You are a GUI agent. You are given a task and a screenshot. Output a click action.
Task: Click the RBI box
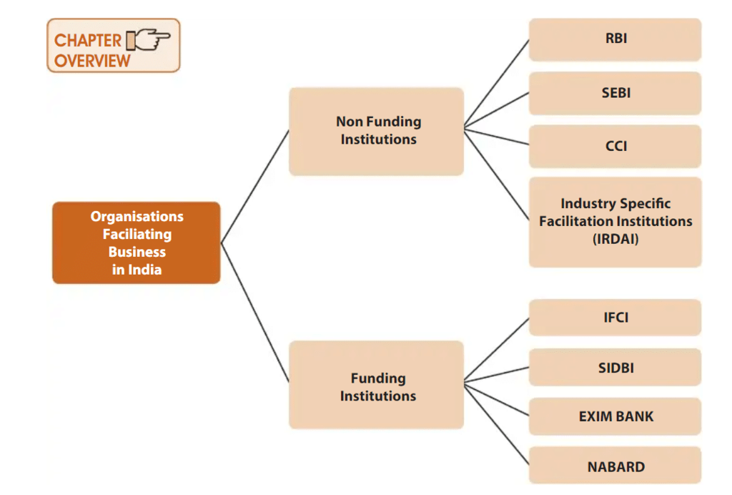615,39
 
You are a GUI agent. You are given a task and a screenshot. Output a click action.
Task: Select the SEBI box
615,93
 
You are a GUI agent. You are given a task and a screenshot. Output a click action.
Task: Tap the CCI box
615,146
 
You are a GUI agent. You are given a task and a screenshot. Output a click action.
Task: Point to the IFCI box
615,317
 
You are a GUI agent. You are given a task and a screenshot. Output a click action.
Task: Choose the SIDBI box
615,368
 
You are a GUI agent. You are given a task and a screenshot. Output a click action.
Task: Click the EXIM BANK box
615,416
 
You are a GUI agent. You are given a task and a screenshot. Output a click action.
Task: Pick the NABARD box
615,466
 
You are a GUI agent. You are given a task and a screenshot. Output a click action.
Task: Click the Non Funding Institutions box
377,131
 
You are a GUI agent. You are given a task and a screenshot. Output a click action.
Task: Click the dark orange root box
136,242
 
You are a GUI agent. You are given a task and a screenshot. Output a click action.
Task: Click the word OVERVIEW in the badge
92,60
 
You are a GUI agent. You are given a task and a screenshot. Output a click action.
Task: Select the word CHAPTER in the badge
87,40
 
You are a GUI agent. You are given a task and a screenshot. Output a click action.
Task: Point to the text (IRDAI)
615,239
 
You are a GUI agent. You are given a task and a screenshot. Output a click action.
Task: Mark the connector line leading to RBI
497,84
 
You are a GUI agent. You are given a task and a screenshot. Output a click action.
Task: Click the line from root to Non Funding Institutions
255,186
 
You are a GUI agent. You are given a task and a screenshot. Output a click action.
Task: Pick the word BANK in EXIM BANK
635,416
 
